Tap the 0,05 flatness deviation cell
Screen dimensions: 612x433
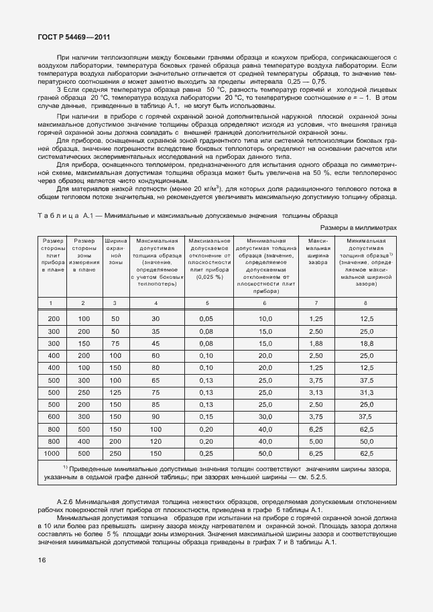[206, 318]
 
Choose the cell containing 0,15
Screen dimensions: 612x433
[206, 416]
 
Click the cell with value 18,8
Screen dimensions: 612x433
[366, 343]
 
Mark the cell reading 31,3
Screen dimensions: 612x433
[366, 392]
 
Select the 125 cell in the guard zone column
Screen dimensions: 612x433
[115, 392]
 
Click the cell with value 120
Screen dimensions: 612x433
[156, 441]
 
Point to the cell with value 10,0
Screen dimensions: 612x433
[266, 318]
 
